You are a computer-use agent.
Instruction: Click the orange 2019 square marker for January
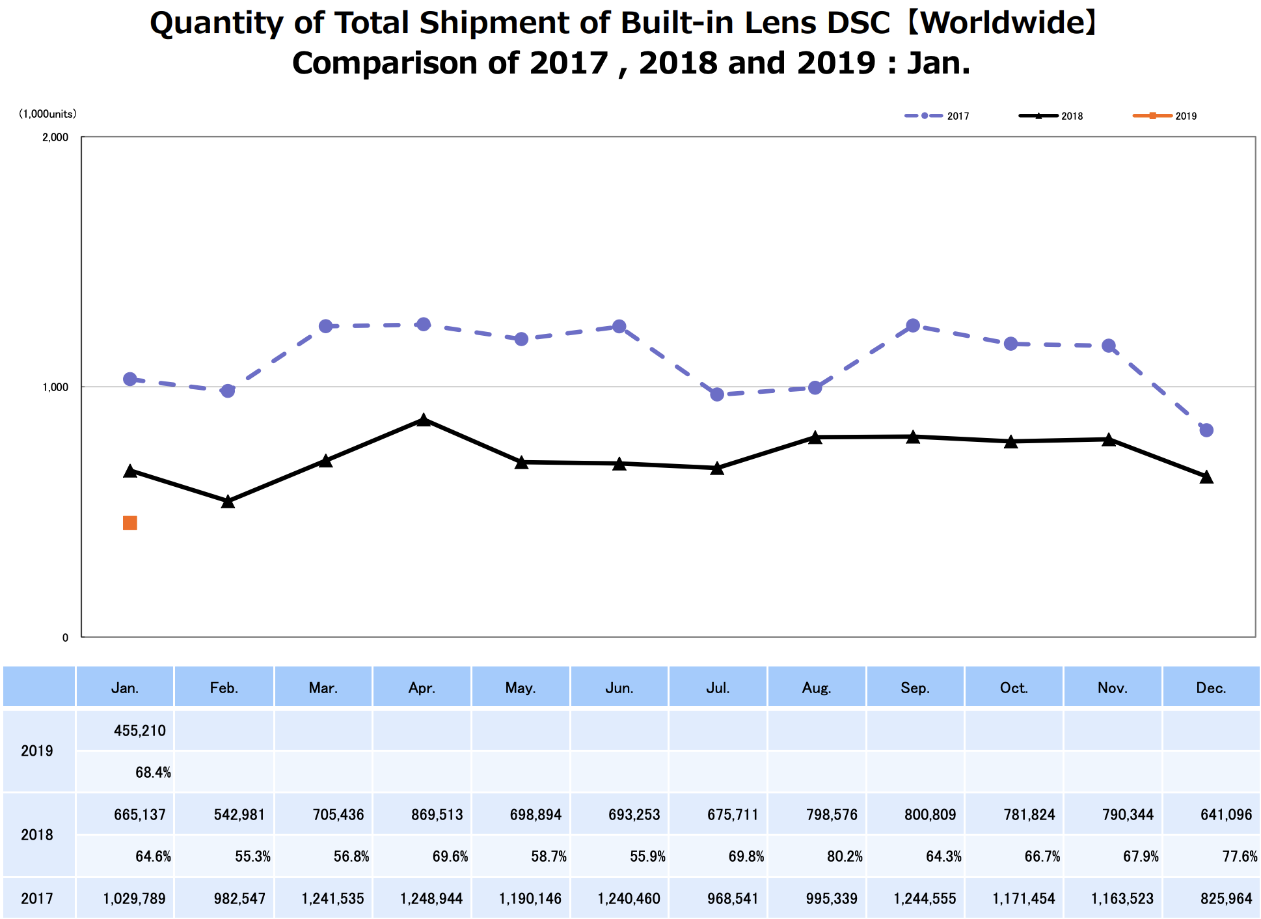tap(130, 523)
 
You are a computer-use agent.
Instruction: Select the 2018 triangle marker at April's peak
tap(424, 420)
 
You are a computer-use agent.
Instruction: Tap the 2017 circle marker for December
tap(1206, 430)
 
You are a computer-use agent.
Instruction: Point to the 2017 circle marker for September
tap(913, 325)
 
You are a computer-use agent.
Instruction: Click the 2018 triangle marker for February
tap(228, 501)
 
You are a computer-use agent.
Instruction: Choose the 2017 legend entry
tap(937, 116)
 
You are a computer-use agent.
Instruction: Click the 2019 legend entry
tap(1165, 116)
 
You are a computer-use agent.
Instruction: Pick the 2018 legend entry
tap(1051, 116)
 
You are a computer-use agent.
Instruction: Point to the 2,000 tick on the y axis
tap(56, 137)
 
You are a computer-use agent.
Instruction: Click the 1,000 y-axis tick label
tap(56, 387)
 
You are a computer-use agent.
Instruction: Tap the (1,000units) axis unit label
tap(47, 114)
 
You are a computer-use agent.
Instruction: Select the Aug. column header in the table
tap(817, 688)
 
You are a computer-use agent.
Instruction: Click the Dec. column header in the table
tap(1211, 688)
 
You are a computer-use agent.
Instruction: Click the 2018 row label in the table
tap(37, 835)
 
